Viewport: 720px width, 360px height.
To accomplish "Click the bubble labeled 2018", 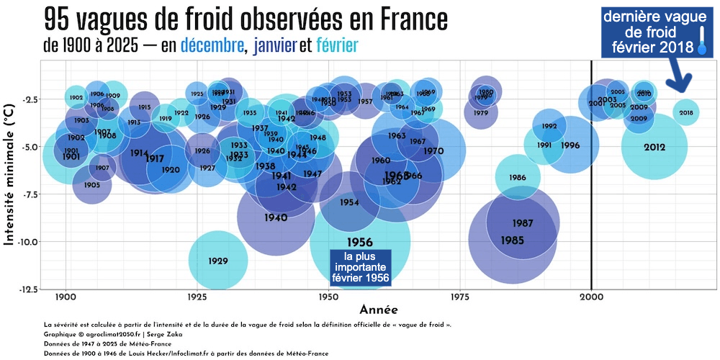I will (686, 112).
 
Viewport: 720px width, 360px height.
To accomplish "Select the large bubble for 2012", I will (654, 148).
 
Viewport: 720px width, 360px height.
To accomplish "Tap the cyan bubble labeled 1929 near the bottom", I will (218, 261).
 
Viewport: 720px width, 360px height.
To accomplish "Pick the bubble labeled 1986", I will (517, 178).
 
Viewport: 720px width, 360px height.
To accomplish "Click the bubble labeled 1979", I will (481, 113).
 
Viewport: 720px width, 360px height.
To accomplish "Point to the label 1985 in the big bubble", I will (513, 240).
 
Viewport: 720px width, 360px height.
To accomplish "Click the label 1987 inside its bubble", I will (523, 223).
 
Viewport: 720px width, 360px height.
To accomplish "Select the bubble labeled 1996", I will (570, 145).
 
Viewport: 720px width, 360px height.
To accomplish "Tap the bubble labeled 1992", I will (549, 126).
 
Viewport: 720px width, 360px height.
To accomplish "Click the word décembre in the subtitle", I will (212, 46).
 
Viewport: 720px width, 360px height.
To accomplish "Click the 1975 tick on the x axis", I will (460, 297).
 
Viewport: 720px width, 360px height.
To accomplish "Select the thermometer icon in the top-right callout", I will (702, 42).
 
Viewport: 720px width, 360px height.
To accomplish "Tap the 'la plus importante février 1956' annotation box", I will (360, 267).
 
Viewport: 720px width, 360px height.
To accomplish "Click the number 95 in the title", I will (61, 17).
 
